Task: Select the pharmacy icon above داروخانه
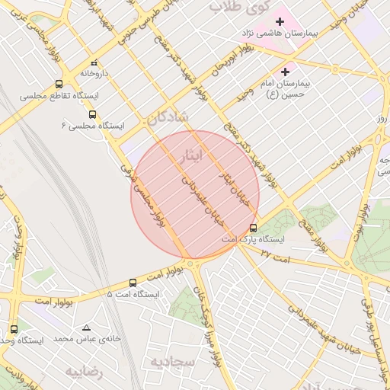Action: [x=94, y=63]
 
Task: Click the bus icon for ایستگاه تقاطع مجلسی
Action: [x=59, y=85]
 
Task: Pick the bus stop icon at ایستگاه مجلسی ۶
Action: [x=93, y=114]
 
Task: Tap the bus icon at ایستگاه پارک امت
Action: [x=254, y=227]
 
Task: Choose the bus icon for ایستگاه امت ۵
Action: [x=133, y=283]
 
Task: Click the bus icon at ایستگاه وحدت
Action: [x=14, y=329]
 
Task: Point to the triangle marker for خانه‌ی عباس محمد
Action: [x=95, y=327]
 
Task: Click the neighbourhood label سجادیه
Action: [x=176, y=360]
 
